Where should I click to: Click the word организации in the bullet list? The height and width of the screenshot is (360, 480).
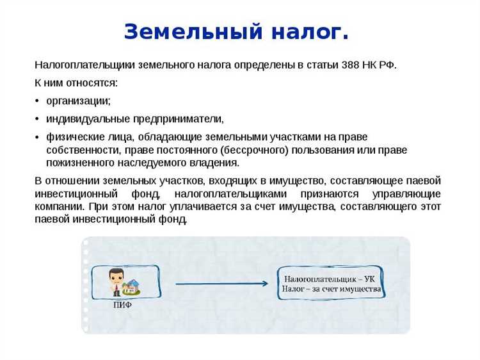point(78,101)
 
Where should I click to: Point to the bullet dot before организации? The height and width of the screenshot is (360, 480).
point(38,101)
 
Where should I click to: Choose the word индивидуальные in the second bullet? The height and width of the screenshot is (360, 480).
point(88,119)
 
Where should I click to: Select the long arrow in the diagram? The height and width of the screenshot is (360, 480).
point(221,283)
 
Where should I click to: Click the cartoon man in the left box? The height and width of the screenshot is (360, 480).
point(116,281)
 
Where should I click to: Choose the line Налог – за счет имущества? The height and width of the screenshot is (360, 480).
point(331,289)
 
